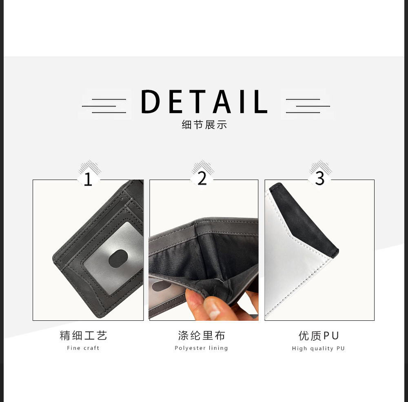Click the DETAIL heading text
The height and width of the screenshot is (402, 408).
click(204, 102)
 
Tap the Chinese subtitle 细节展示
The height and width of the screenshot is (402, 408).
click(204, 125)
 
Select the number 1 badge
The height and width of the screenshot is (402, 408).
click(88, 179)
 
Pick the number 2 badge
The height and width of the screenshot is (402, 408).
click(202, 178)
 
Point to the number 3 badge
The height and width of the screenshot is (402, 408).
click(320, 178)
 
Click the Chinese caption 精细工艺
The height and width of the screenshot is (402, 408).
click(83, 336)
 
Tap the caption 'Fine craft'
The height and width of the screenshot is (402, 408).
click(83, 348)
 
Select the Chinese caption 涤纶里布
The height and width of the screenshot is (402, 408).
click(202, 336)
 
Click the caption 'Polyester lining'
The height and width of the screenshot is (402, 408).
click(202, 348)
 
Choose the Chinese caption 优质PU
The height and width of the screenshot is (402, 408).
click(319, 336)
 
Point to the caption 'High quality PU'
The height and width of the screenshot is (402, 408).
click(319, 349)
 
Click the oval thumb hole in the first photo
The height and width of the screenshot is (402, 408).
click(118, 258)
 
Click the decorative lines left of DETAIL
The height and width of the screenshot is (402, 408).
click(105, 106)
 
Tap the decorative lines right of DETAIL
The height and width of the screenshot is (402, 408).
click(307, 106)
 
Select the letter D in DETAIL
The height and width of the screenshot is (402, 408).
click(151, 102)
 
